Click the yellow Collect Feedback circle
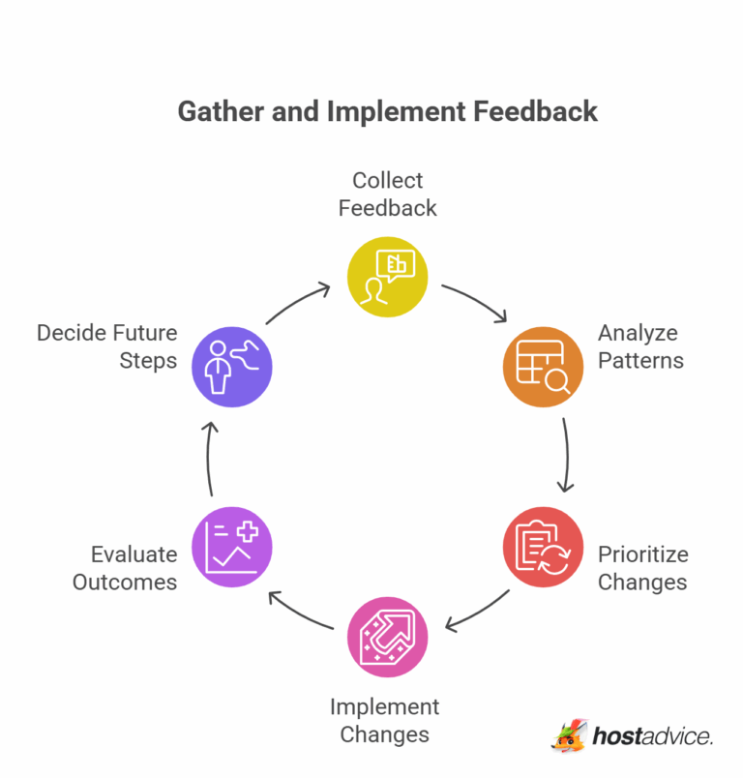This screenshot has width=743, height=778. click(x=387, y=277)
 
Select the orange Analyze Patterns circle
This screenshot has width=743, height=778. click(x=543, y=367)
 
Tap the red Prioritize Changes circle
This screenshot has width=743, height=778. click(x=543, y=547)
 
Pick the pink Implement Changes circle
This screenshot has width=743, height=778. click(x=387, y=637)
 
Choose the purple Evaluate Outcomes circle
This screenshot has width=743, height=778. click(x=232, y=547)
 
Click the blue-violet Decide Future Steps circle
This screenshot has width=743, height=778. click(x=232, y=367)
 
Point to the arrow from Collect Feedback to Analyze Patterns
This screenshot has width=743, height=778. click(x=477, y=300)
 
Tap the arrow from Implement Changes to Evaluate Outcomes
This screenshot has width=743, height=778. click(x=299, y=613)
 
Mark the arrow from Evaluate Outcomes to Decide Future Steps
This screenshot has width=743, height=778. click(x=209, y=458)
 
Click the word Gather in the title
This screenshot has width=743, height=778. click(x=221, y=111)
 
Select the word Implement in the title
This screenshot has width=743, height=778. click(x=397, y=112)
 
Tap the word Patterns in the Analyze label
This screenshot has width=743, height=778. click(x=640, y=360)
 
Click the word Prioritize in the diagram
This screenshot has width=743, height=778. click(x=642, y=554)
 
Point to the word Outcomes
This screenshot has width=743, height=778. click(x=125, y=582)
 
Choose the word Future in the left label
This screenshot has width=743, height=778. click(x=147, y=333)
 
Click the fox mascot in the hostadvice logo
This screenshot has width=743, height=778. click(x=570, y=735)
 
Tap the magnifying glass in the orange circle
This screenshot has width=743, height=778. click(x=557, y=381)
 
